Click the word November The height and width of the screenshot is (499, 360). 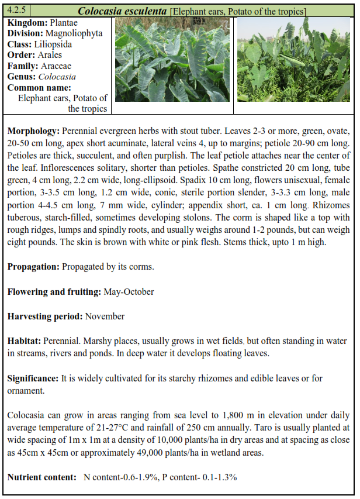pyautogui.click(x=105, y=316)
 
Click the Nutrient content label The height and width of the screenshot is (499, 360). pyautogui.click(x=41, y=477)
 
